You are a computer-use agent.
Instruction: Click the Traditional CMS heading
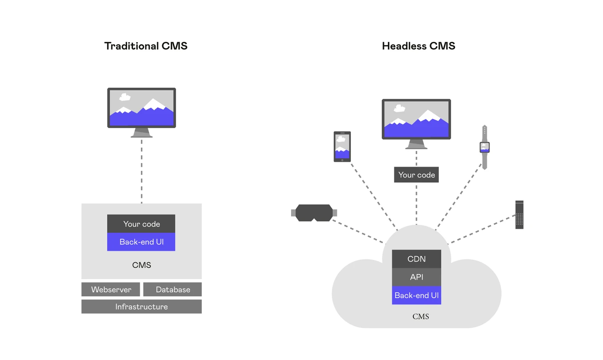pos(146,46)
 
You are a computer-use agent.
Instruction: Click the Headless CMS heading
pos(418,46)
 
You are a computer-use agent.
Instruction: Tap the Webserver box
pos(111,290)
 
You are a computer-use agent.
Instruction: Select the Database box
pos(173,290)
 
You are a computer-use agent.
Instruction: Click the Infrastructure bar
pos(142,307)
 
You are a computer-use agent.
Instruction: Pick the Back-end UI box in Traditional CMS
pos(141,242)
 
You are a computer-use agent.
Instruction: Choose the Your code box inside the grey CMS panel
pos(141,224)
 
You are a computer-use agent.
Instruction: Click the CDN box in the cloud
pos(416,259)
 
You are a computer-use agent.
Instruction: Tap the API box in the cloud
pos(416,277)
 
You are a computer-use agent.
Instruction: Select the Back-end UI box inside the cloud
pos(416,296)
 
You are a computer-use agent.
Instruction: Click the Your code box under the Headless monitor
pos(416,175)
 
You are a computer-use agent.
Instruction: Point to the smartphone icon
pos(342,147)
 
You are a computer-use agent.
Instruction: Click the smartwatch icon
pos(484,147)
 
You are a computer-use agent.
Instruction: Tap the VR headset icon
pos(314,213)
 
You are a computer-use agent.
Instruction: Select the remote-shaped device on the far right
pos(519,215)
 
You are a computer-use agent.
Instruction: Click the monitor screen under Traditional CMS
pos(142,108)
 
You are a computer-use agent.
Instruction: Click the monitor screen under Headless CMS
pos(416,119)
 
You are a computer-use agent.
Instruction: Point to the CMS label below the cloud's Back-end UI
pos(420,317)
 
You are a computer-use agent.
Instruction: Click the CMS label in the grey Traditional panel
pos(142,265)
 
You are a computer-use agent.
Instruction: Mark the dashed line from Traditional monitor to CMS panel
pos(142,172)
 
